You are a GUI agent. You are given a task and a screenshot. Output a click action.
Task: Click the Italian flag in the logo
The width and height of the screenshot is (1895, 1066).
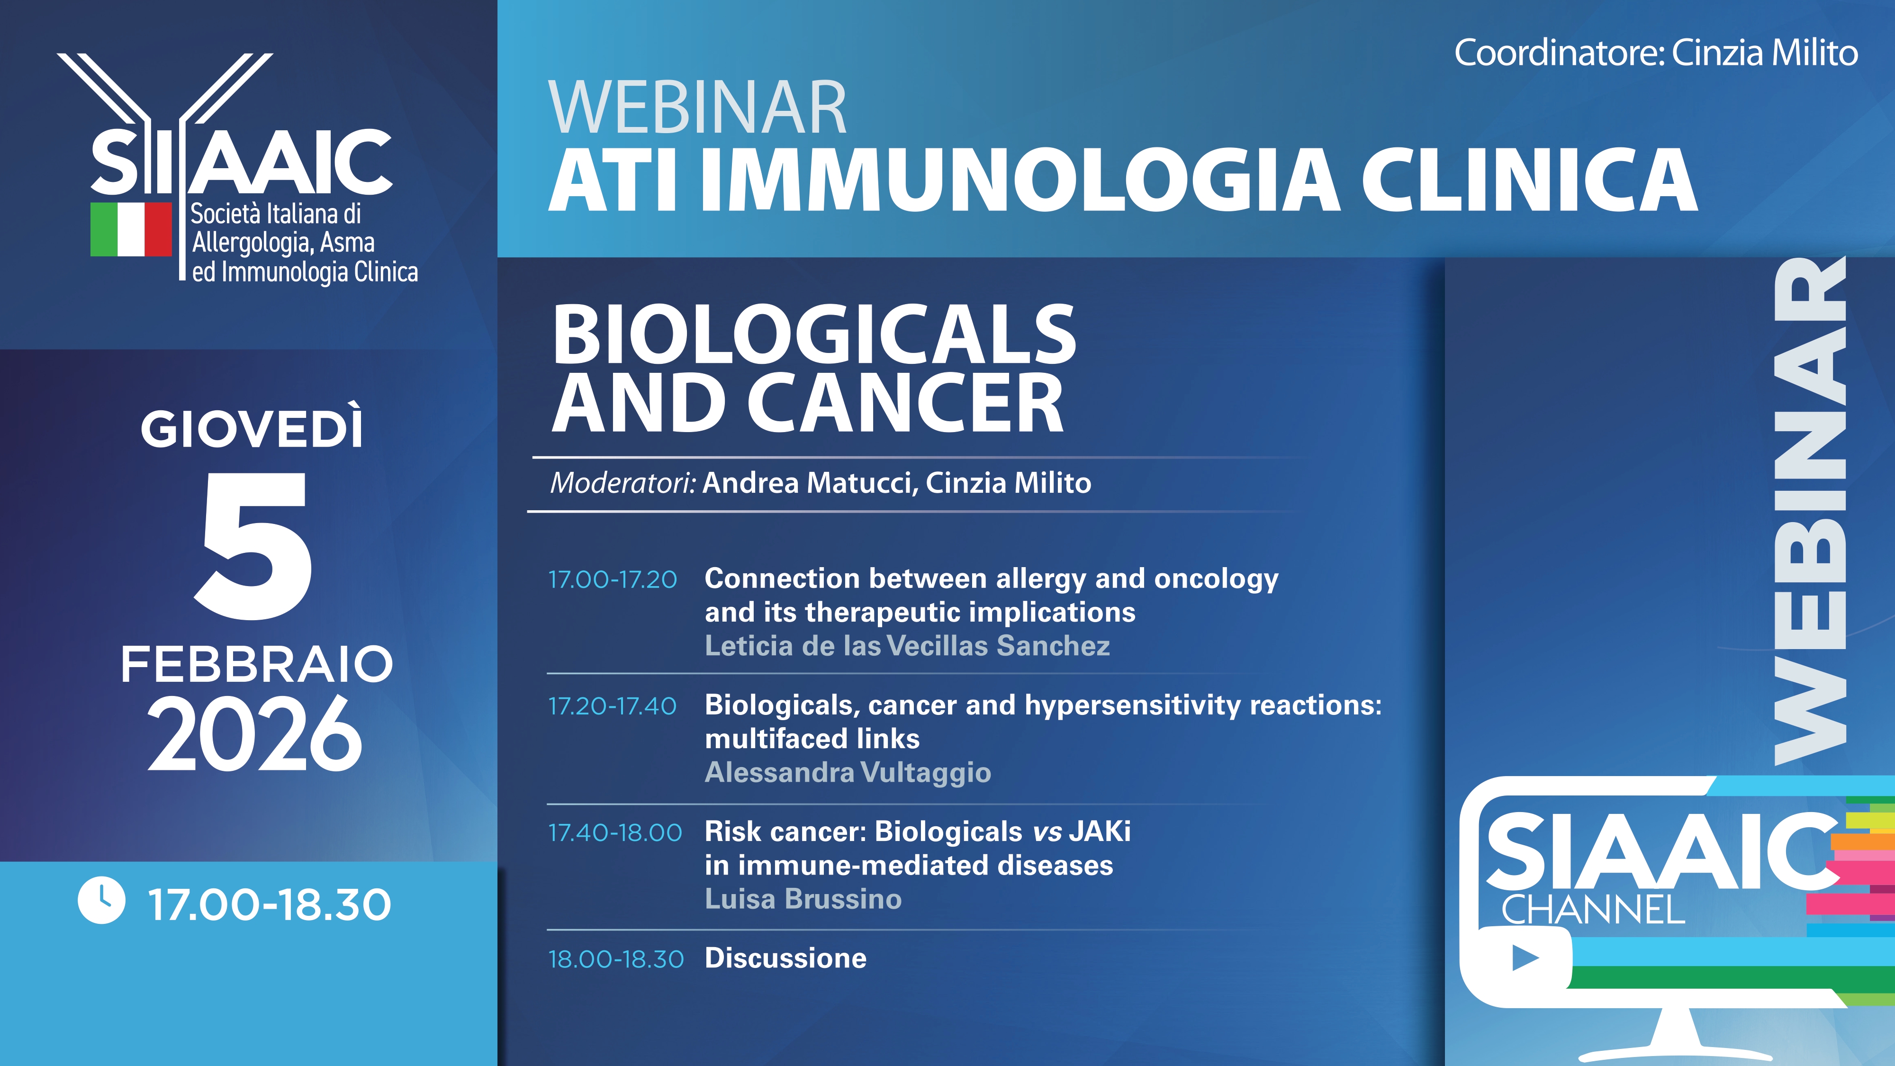coord(131,229)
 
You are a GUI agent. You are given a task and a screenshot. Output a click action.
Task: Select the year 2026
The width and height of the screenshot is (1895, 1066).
coord(254,734)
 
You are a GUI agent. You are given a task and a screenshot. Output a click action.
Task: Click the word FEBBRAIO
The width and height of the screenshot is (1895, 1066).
coord(257,664)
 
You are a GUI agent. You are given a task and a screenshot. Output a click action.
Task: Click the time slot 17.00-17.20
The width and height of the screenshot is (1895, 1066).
coord(612,580)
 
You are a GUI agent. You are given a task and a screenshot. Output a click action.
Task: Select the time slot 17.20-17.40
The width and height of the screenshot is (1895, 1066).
coord(612,706)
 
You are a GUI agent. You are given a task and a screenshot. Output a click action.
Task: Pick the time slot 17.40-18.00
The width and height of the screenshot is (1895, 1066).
coord(615,833)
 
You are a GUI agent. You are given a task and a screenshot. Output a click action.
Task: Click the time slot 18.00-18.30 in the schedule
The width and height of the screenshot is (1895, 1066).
coord(616,959)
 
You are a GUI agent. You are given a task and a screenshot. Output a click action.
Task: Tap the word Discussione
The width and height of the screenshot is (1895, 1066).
coord(785,958)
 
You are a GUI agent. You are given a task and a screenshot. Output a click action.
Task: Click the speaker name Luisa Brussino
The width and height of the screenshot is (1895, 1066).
coord(803,899)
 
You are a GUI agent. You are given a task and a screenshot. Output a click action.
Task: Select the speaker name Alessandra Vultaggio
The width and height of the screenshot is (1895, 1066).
coord(848,772)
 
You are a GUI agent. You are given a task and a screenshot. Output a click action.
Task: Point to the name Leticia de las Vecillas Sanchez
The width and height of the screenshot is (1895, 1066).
coord(907,646)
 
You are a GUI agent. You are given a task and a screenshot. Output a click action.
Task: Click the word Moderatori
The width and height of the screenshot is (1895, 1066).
coord(623,483)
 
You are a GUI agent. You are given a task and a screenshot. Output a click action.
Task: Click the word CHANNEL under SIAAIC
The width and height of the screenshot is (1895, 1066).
coord(1593,910)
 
